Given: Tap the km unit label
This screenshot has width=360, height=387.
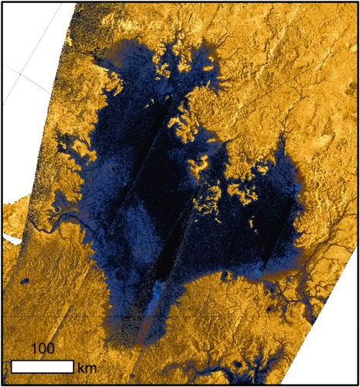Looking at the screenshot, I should click(87, 367).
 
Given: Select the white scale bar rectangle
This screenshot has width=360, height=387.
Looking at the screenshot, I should click(43, 366).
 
